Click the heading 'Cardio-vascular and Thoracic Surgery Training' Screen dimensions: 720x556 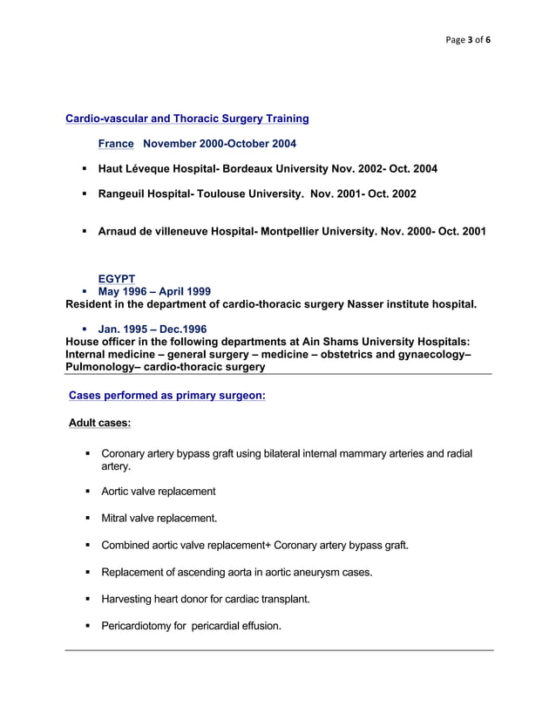pyautogui.click(x=187, y=118)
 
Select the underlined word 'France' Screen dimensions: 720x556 pyautogui.click(x=116, y=143)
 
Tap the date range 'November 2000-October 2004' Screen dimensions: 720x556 pyautogui.click(x=220, y=143)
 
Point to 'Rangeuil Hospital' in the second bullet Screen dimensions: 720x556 pyautogui.click(x=147, y=194)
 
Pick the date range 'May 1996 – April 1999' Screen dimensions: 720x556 pyautogui.click(x=154, y=291)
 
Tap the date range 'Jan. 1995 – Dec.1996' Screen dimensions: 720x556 pyautogui.click(x=153, y=329)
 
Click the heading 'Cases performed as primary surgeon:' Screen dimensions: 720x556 pyautogui.click(x=166, y=396)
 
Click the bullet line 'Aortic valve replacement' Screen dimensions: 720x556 pyautogui.click(x=159, y=492)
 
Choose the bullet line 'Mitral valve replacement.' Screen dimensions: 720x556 pyautogui.click(x=159, y=519)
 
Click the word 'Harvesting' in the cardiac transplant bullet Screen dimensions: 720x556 pyautogui.click(x=130, y=599)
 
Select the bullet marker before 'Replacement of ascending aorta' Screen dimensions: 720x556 pyautogui.click(x=88, y=573)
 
